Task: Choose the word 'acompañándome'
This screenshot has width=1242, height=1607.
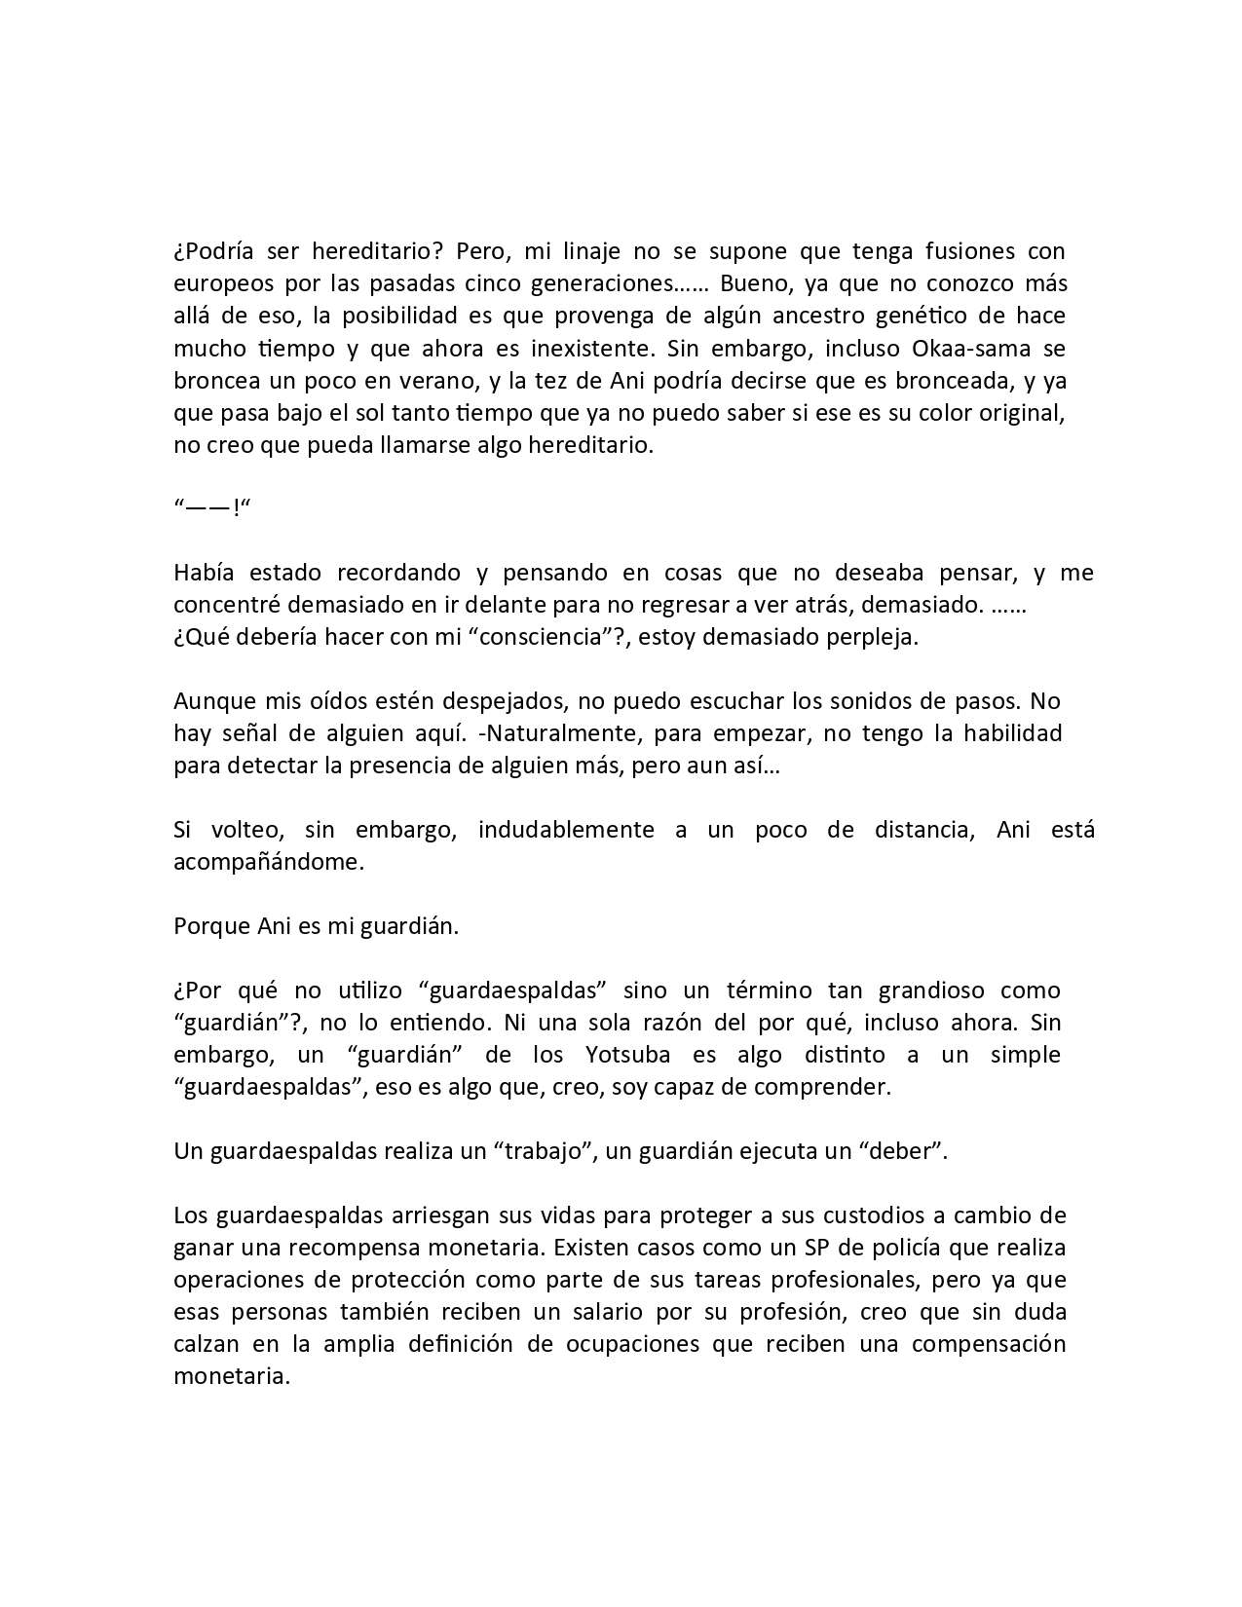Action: click(x=268, y=862)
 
